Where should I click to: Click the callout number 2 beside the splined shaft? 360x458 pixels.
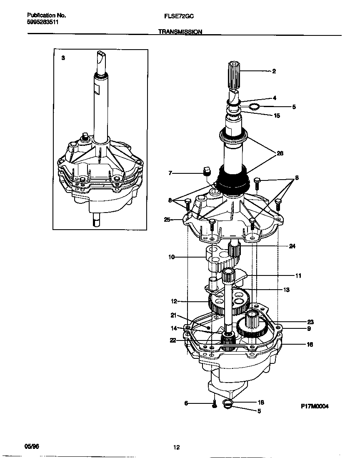[x=274, y=71]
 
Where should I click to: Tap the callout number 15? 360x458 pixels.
[x=277, y=116]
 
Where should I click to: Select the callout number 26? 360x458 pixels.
[x=280, y=154]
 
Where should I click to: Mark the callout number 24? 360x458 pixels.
[x=292, y=246]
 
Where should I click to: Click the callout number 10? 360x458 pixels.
[x=171, y=257]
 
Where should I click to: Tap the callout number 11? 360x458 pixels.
[x=298, y=275]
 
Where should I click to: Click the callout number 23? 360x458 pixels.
[x=310, y=322]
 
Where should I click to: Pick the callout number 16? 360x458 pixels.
[x=310, y=345]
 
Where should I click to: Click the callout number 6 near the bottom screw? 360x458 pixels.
[x=186, y=403]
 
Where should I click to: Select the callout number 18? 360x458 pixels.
[x=261, y=403]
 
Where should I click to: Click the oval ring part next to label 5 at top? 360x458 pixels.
[x=254, y=107]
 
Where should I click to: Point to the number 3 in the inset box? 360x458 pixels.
[x=63, y=58]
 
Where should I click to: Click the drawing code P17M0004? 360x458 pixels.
[x=315, y=406]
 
